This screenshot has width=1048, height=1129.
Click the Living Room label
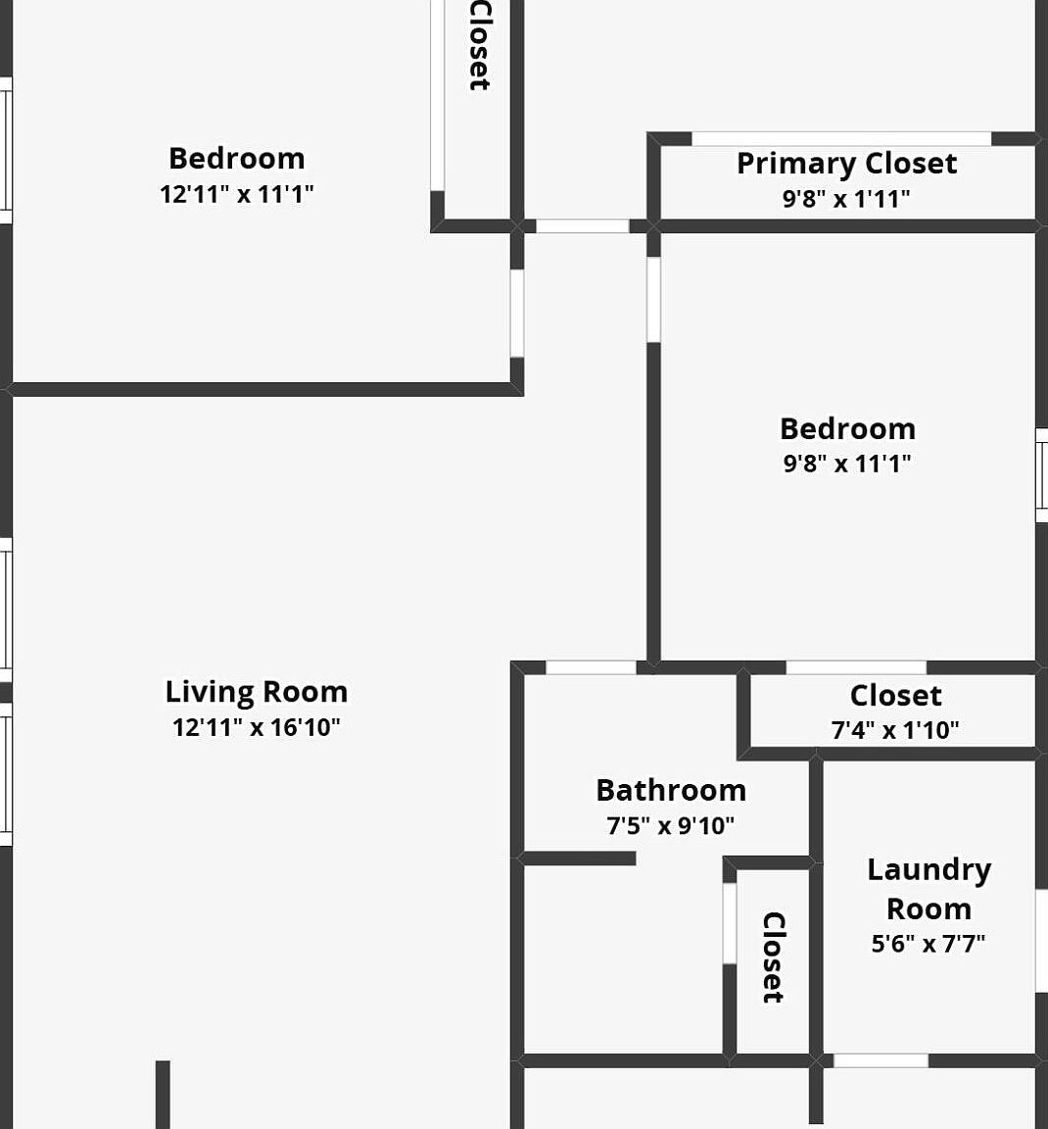[x=256, y=692]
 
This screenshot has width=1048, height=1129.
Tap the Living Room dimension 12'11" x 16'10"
[x=256, y=727]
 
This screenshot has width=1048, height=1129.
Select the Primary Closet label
[x=846, y=164]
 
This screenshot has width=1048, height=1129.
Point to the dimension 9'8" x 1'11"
[x=846, y=199]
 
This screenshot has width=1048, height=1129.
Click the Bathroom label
[x=671, y=790]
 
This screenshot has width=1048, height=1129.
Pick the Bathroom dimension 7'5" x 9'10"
[x=671, y=826]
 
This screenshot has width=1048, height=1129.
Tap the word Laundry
[x=929, y=869]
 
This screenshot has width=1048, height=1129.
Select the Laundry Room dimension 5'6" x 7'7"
[x=929, y=944]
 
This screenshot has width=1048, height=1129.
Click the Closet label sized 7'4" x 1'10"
[x=895, y=696]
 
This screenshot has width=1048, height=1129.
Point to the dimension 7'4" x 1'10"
[x=895, y=730]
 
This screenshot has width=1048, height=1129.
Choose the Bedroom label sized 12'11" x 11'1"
[x=236, y=159]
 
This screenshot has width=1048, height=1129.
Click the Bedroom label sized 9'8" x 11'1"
[x=847, y=428]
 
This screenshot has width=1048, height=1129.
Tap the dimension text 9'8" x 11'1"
[x=847, y=464]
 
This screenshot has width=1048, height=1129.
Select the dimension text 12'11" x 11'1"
[x=236, y=194]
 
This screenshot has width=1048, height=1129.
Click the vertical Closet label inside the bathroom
[x=773, y=957]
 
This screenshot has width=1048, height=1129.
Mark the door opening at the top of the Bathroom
[x=591, y=667]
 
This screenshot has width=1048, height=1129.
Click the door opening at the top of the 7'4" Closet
[x=856, y=667]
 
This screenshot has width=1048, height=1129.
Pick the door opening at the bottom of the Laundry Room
[x=881, y=1060]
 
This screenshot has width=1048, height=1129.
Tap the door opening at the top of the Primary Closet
[x=841, y=139]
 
